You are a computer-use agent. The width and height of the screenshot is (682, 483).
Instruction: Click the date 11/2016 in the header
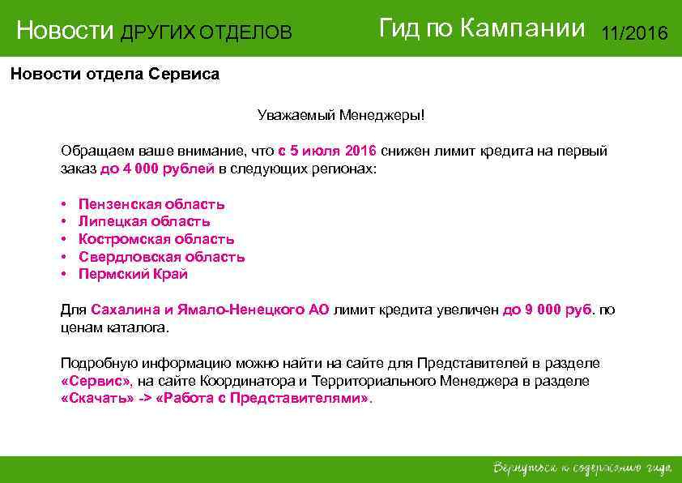click(634, 33)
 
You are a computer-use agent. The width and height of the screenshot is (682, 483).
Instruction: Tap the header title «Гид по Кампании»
click(481, 29)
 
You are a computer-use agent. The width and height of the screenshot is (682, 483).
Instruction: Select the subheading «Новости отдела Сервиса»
click(114, 75)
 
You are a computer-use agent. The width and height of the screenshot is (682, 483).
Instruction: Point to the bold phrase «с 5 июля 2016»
click(327, 152)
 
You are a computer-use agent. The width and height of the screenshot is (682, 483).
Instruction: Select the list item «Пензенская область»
click(151, 204)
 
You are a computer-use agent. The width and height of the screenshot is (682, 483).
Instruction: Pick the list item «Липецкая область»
click(144, 221)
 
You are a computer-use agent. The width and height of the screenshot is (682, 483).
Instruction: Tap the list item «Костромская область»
click(156, 239)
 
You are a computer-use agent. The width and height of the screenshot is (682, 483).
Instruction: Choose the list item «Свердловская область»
click(161, 257)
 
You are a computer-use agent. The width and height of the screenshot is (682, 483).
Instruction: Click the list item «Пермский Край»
click(133, 274)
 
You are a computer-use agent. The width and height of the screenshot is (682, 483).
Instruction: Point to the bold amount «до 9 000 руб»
click(548, 310)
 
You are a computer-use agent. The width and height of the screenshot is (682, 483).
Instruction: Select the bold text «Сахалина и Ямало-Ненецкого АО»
click(210, 310)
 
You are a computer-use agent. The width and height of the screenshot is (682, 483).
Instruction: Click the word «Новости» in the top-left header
click(66, 32)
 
